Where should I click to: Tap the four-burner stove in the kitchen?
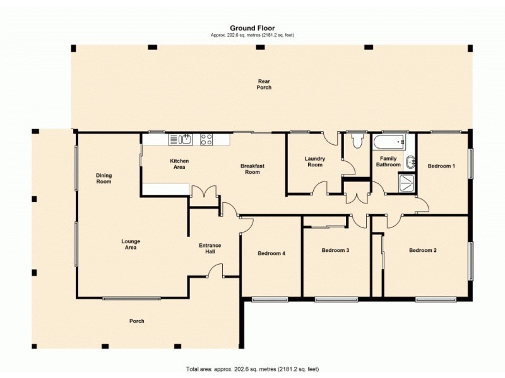click(x=207, y=139)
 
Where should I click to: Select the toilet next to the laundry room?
click(x=358, y=140)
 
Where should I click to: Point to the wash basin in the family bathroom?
click(x=410, y=162)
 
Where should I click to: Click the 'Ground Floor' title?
click(x=252, y=28)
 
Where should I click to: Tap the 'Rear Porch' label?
click(x=264, y=84)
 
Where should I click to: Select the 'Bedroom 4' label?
click(x=271, y=253)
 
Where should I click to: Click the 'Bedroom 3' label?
click(x=335, y=250)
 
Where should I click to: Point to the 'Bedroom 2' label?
click(x=422, y=250)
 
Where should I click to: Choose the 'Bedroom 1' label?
click(x=441, y=166)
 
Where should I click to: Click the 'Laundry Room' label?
click(x=314, y=162)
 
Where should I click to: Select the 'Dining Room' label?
click(x=104, y=178)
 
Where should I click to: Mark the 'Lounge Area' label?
click(x=131, y=244)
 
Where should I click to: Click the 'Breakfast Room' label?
click(x=252, y=169)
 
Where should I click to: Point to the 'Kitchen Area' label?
click(x=179, y=164)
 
